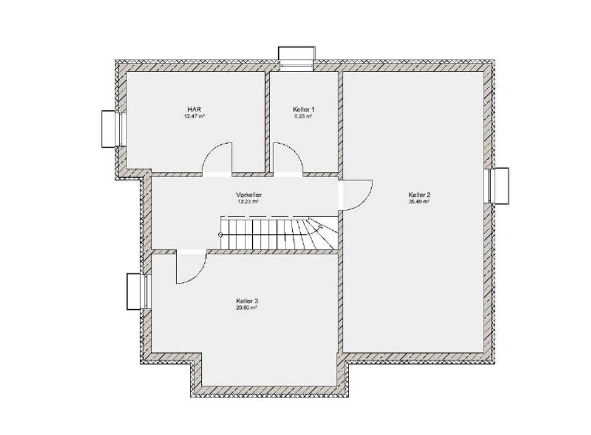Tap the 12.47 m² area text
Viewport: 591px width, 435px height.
tap(194, 117)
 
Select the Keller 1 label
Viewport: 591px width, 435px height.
tap(304, 109)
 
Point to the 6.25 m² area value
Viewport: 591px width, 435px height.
tap(304, 117)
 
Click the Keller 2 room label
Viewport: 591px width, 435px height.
tap(420, 195)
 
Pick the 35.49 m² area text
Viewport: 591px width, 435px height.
tap(420, 201)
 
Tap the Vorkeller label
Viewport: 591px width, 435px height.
tap(249, 195)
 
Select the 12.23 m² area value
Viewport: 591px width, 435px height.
tap(248, 201)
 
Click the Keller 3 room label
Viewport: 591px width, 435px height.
tap(247, 301)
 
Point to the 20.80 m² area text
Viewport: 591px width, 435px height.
tap(247, 307)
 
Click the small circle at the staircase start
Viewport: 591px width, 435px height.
tap(220, 235)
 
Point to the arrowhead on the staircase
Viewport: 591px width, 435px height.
tap(320, 227)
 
